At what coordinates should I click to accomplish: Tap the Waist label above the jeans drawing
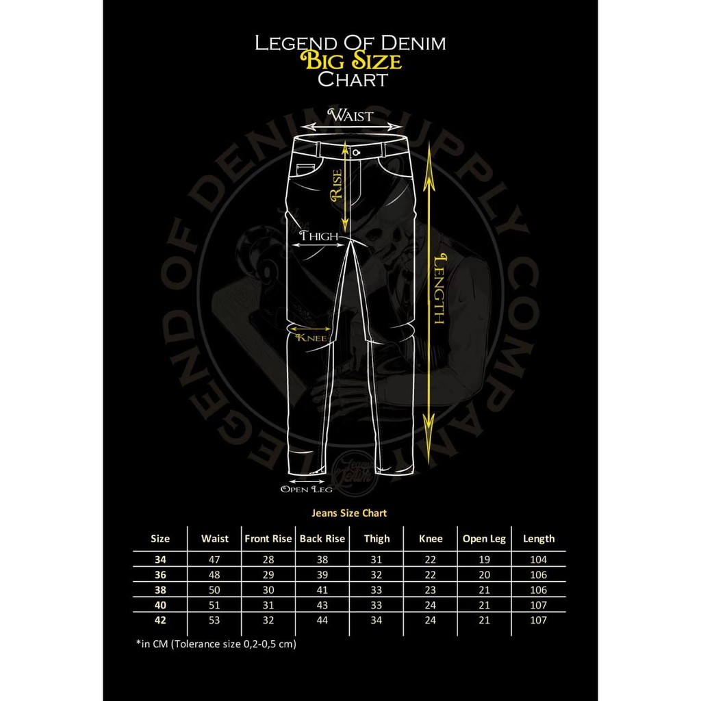(x=351, y=116)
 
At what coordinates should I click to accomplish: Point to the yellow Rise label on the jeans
(x=335, y=186)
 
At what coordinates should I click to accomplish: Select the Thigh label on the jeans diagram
(x=319, y=236)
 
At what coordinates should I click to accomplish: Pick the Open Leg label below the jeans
(x=306, y=489)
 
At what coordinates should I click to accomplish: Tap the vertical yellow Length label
(x=439, y=288)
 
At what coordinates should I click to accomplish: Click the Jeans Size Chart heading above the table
(x=349, y=513)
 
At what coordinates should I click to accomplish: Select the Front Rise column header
(x=268, y=539)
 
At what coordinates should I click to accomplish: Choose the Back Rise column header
(x=322, y=539)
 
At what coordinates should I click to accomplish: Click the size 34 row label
(x=160, y=559)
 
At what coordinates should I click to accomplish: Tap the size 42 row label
(x=160, y=620)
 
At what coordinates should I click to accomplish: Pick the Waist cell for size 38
(x=214, y=590)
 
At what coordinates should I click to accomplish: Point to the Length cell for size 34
(x=539, y=559)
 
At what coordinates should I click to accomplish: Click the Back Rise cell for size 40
(x=322, y=605)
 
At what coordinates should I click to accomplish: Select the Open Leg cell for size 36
(x=484, y=574)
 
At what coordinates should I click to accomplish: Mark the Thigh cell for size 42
(x=377, y=620)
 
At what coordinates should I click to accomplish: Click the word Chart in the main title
(x=353, y=79)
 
